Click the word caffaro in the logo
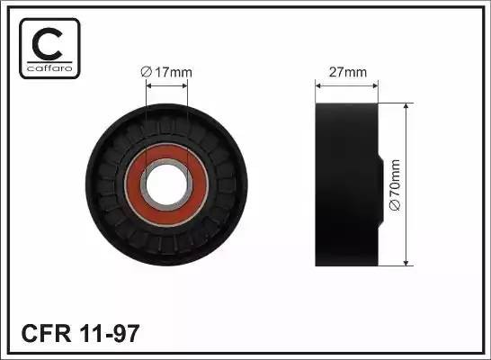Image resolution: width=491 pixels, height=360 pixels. [x=49, y=68]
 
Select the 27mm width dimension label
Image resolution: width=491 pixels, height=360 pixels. [x=348, y=72]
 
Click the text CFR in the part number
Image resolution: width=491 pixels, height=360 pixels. [x=46, y=333]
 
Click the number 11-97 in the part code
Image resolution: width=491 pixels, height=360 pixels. [x=110, y=333]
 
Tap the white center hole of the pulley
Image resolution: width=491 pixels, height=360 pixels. [x=166, y=184]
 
